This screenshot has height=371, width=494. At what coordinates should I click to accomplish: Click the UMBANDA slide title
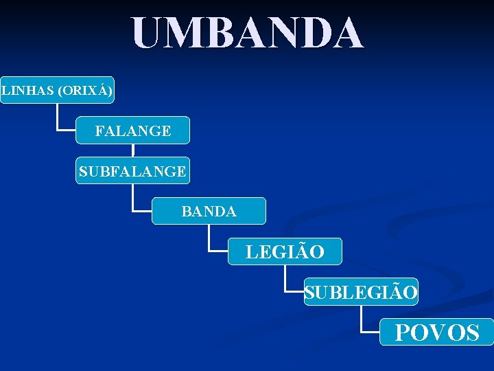pyautogui.click(x=247, y=33)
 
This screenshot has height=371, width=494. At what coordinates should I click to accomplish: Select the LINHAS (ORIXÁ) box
pyautogui.click(x=57, y=90)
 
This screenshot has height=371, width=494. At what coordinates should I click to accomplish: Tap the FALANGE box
pyautogui.click(x=132, y=131)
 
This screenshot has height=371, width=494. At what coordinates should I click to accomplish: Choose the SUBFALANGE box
pyautogui.click(x=132, y=171)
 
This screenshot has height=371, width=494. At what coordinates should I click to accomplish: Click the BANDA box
pyautogui.click(x=209, y=212)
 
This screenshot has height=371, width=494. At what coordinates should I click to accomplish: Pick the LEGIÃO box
pyautogui.click(x=285, y=252)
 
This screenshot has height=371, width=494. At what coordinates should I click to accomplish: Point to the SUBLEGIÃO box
pyautogui.click(x=361, y=293)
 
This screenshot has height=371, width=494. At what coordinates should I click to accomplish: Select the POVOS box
pyautogui.click(x=436, y=333)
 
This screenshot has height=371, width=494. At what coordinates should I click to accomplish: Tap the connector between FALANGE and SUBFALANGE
pyautogui.click(x=133, y=151)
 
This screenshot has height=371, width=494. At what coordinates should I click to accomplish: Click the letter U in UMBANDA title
pyautogui.click(x=149, y=33)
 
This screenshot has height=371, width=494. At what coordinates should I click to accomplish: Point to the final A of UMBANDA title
pyautogui.click(x=346, y=33)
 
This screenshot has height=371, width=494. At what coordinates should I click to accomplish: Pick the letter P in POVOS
pyautogui.click(x=403, y=333)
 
